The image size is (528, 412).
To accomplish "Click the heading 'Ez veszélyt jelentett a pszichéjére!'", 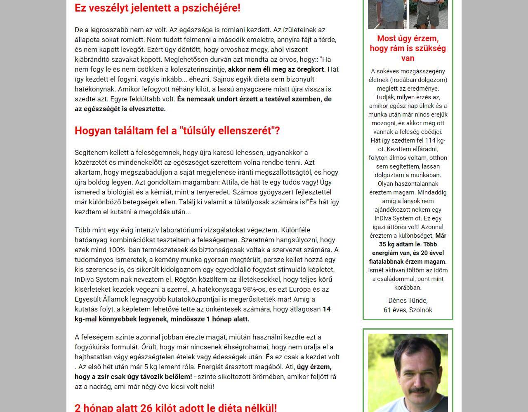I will pos(157,8).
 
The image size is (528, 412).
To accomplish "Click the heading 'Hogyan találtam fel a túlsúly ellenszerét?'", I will pos(177,131).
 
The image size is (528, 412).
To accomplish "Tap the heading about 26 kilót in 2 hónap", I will pos(175,407).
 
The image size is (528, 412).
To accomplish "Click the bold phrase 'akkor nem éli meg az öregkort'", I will pos(276,69).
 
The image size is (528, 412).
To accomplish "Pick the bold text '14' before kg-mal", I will pos(326,309).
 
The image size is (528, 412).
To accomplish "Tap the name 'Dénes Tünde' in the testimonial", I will pos(408,300).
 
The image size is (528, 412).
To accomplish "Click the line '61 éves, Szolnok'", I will pos(408,310).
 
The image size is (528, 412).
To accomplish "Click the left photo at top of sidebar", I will pos(387,14).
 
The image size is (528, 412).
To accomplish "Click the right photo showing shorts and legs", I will pos(428,14).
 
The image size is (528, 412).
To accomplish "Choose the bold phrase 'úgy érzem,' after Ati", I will pos(314,367).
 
